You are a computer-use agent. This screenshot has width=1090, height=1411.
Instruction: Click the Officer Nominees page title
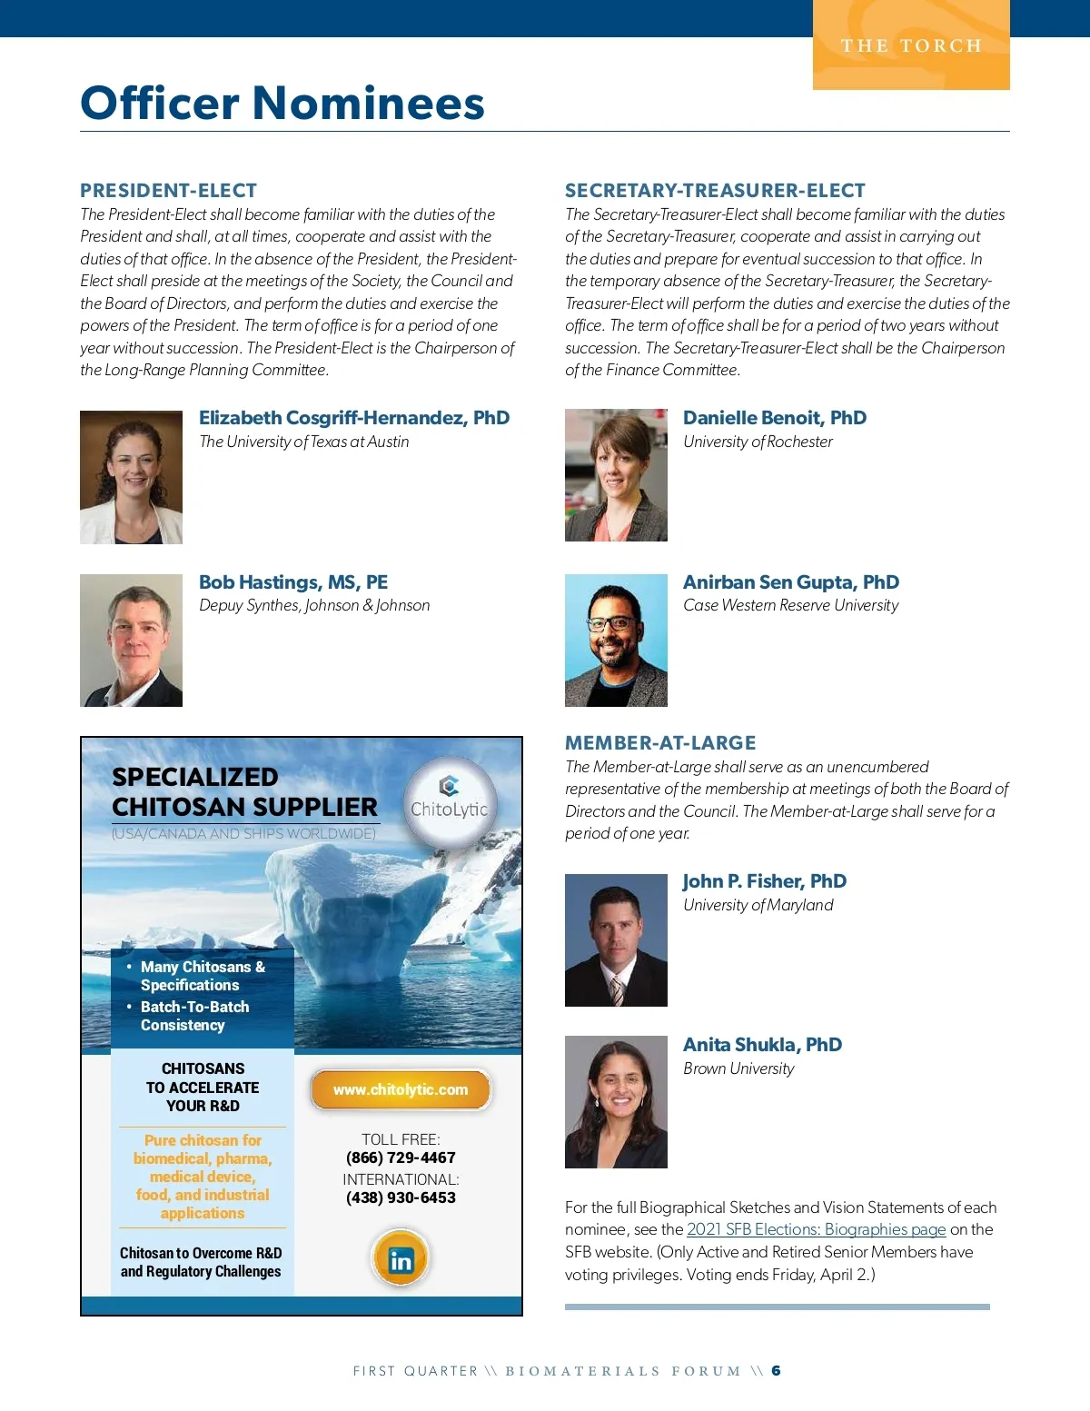pos(282,103)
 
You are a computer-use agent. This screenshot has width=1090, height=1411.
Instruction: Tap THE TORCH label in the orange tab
pos(911,45)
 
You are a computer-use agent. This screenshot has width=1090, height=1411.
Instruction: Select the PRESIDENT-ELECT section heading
pos(168,191)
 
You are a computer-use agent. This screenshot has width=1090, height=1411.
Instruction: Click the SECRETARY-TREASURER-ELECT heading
pos(715,191)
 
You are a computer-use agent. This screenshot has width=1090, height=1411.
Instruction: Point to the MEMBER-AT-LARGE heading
pos(660,743)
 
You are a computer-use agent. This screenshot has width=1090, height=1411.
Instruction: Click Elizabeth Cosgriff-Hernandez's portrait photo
pos(131,477)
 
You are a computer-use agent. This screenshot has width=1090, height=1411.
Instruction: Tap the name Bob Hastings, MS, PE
pos(293,582)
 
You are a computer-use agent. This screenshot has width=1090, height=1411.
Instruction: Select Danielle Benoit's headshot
pos(616,474)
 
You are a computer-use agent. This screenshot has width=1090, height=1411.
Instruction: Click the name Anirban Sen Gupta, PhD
pos(790,582)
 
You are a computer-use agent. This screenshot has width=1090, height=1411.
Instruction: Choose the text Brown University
pos(738,1068)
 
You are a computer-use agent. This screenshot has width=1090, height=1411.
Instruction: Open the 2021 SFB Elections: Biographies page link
pos(816,1229)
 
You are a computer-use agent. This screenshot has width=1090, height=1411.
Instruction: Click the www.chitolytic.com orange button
pos(401,1089)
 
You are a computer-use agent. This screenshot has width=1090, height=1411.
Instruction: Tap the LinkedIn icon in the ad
pos(400,1259)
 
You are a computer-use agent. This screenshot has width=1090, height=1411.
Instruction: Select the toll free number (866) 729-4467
pos(401,1158)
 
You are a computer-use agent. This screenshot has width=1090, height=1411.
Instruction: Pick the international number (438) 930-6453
pos(401,1197)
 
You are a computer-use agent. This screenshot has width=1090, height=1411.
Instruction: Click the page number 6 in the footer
pos(776,1370)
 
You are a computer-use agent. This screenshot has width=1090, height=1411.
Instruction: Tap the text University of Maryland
pos(758,905)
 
